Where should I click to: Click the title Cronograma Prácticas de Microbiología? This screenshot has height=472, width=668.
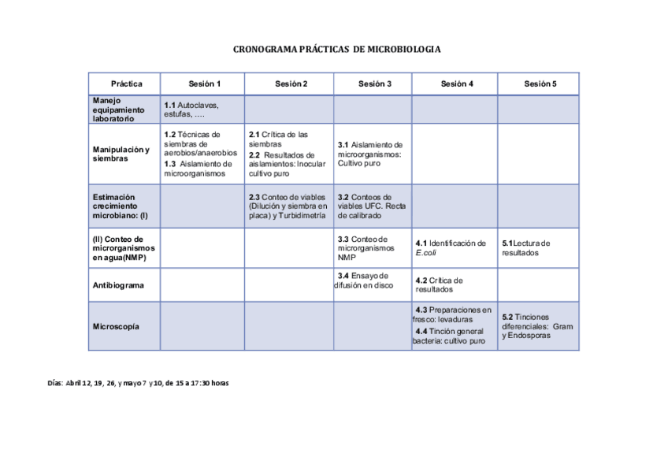(x=336, y=50)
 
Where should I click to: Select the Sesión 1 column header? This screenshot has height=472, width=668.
(x=204, y=84)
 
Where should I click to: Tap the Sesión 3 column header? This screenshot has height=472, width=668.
(x=374, y=84)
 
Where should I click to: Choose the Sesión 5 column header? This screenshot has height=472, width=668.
(x=540, y=84)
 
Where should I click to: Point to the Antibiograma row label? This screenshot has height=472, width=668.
(x=118, y=285)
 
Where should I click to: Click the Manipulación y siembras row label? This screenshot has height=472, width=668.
(x=121, y=154)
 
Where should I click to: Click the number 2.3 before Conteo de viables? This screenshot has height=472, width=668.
(x=254, y=197)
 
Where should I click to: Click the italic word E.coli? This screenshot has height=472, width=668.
(x=426, y=253)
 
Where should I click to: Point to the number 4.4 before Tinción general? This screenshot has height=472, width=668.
(x=421, y=331)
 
